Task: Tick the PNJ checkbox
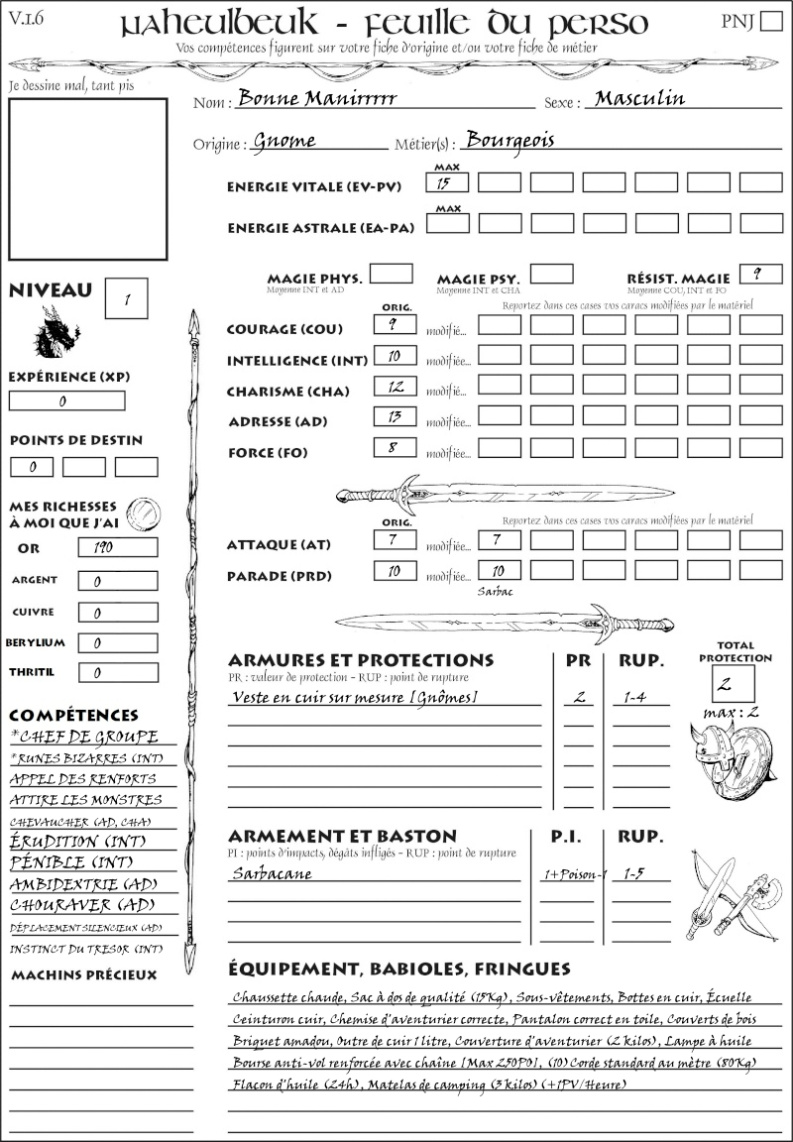tap(769, 23)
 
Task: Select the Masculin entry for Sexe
tap(639, 99)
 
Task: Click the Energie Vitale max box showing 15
tap(448, 183)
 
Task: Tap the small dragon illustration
tap(57, 332)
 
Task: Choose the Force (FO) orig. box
tap(394, 448)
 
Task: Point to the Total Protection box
tap(734, 684)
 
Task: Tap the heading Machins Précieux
tap(83, 975)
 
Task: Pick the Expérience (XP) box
tap(67, 401)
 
